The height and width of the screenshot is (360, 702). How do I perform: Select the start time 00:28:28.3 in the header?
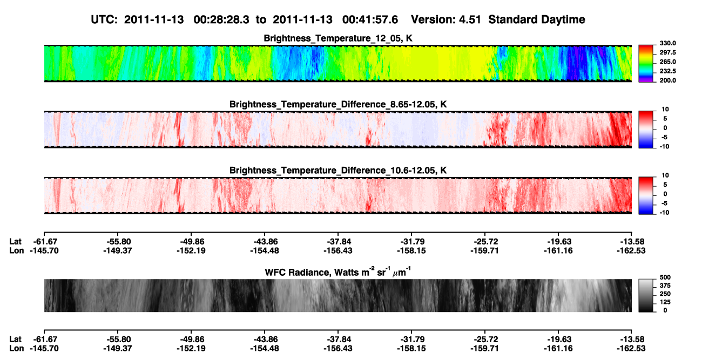(221, 20)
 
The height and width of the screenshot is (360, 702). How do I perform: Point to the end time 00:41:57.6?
(370, 20)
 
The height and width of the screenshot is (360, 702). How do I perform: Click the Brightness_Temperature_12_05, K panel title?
(338, 38)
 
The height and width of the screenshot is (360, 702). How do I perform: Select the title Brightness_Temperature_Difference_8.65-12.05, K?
(338, 104)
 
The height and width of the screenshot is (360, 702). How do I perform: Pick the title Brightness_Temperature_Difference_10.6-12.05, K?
(338, 171)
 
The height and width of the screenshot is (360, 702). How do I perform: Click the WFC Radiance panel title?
(338, 272)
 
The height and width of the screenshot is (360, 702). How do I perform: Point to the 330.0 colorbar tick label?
(667, 43)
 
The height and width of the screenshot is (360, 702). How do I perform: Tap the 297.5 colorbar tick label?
(667, 52)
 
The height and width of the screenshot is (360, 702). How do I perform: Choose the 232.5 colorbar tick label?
(667, 71)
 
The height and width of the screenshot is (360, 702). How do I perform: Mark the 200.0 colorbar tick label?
(667, 80)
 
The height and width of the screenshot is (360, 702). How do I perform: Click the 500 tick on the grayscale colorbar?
(665, 277)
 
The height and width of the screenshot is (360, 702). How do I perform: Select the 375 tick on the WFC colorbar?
(665, 286)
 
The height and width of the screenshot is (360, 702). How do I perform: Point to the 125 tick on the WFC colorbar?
(665, 302)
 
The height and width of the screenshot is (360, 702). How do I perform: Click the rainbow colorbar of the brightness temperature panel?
(646, 64)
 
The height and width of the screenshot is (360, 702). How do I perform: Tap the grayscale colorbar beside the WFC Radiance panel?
(646, 295)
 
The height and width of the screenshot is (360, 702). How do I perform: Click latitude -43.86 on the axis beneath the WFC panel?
(265, 339)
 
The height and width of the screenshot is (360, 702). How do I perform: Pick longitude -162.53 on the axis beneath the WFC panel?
(631, 349)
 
